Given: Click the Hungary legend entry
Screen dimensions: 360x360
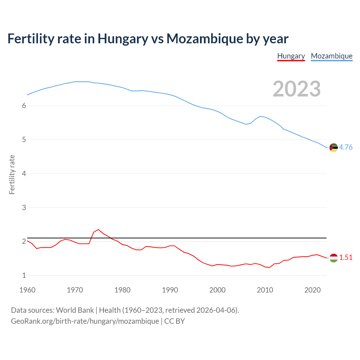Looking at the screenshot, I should (291, 56).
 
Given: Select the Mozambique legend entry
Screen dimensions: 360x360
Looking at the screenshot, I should (332, 56).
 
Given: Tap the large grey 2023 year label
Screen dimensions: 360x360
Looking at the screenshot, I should (297, 89).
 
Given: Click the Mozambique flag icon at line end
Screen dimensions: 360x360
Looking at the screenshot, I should (334, 147).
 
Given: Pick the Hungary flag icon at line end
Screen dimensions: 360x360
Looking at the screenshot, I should (334, 258).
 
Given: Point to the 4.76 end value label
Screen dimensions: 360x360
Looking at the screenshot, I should (346, 147).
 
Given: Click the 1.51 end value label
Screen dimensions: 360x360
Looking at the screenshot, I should (346, 258).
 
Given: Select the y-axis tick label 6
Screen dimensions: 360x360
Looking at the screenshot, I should (24, 106).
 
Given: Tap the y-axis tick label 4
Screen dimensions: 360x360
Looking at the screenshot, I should (24, 174).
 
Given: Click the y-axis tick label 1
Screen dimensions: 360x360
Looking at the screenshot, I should (24, 276).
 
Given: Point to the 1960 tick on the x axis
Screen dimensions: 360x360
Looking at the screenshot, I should (27, 290).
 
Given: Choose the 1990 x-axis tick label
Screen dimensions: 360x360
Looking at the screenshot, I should (170, 290).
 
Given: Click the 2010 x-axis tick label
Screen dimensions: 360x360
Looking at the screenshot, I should (265, 290).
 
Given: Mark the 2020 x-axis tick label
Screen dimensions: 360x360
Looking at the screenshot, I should (312, 290).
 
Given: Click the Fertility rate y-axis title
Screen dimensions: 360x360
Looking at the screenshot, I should (12, 174).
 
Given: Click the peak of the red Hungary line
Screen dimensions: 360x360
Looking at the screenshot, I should (98, 229).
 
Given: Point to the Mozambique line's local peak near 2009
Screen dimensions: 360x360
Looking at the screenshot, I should (260, 116).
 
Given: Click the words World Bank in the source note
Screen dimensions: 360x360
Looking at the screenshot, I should (75, 310).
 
